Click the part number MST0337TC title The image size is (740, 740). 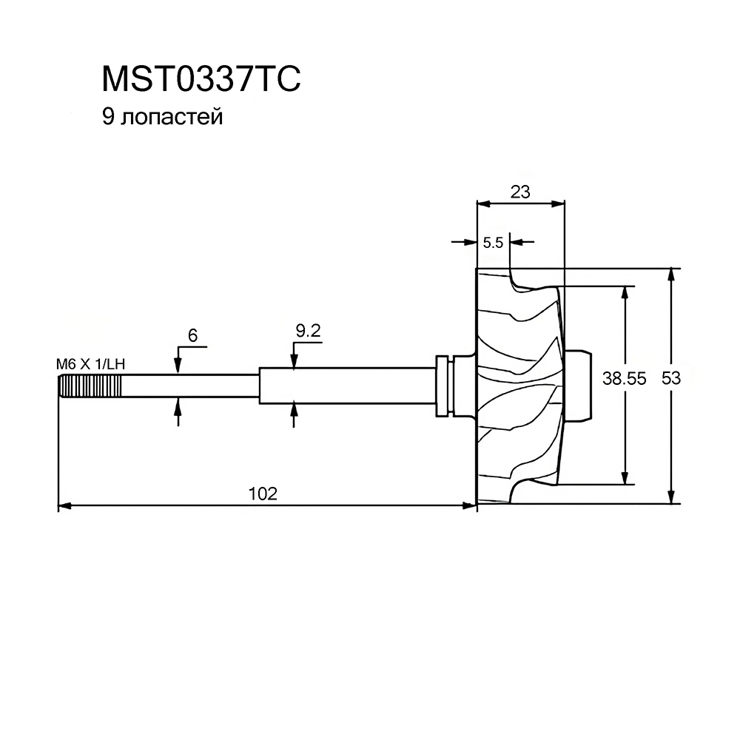(201, 79)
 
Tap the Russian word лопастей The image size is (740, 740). (172, 118)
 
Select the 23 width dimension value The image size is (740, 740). (520, 192)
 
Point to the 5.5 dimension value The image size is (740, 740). (493, 243)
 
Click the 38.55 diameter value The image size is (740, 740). (624, 378)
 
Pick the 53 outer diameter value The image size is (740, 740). (671, 378)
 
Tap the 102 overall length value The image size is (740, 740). (263, 494)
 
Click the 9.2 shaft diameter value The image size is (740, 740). (308, 331)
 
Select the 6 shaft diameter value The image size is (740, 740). (192, 335)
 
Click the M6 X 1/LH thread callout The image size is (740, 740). (90, 364)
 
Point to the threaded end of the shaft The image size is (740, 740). (90, 386)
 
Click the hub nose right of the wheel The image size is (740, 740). (578, 385)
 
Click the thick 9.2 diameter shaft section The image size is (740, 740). (347, 386)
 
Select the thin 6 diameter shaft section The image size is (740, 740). (190, 386)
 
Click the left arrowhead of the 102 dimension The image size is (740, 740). (64, 506)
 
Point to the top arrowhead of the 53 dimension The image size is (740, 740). (671, 275)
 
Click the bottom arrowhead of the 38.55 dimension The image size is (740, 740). (625, 477)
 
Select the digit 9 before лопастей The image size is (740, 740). (108, 117)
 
